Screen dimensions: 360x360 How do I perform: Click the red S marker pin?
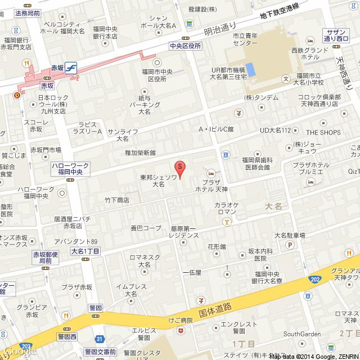[179, 168]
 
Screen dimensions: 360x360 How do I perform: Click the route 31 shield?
[100, 339]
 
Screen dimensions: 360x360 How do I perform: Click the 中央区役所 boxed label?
[184, 46]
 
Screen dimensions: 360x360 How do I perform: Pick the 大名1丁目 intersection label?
[85, 250]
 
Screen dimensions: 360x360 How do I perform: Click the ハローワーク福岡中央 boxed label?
[70, 168]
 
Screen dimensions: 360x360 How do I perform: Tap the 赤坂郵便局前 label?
[45, 258]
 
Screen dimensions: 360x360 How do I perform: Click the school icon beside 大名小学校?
[286, 78]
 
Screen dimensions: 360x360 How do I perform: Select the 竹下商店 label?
[116, 200]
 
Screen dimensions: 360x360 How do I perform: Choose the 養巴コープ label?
[145, 228]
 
